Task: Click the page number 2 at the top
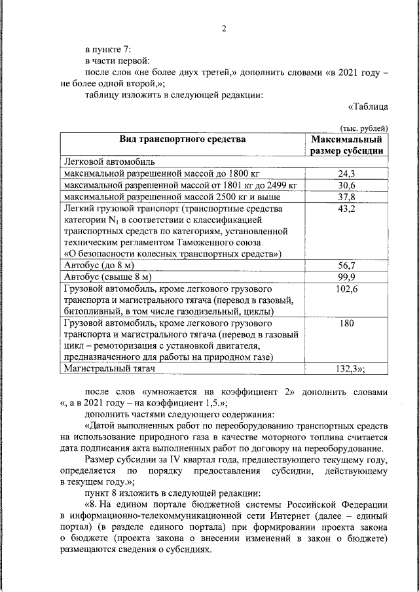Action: pos(223,29)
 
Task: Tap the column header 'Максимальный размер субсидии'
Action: pos(346,145)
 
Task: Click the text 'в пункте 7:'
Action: pos(109,48)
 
